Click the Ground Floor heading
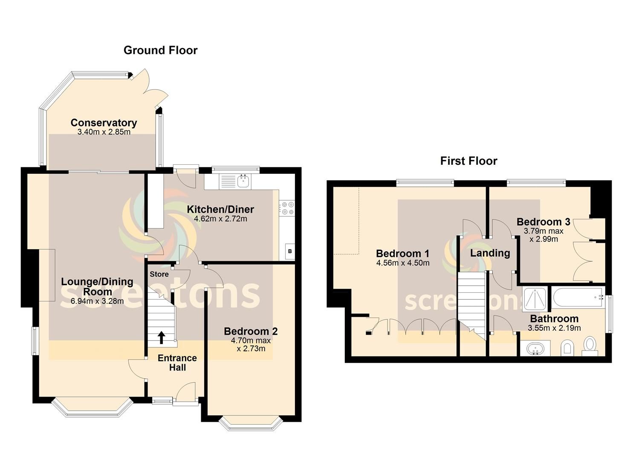click(x=161, y=50)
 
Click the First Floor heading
click(x=468, y=161)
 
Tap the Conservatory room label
click(x=104, y=123)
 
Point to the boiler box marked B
click(x=290, y=251)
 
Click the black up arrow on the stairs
click(x=162, y=338)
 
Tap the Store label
click(x=159, y=274)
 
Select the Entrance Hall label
click(x=177, y=363)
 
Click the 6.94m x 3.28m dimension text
click(x=97, y=301)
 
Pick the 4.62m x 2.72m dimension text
click(x=220, y=219)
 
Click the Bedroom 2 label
click(x=251, y=331)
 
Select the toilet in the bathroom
click(x=590, y=346)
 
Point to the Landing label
click(x=490, y=253)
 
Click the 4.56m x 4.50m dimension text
click(x=403, y=263)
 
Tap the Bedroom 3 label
click(x=543, y=222)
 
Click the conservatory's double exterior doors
click(x=150, y=88)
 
